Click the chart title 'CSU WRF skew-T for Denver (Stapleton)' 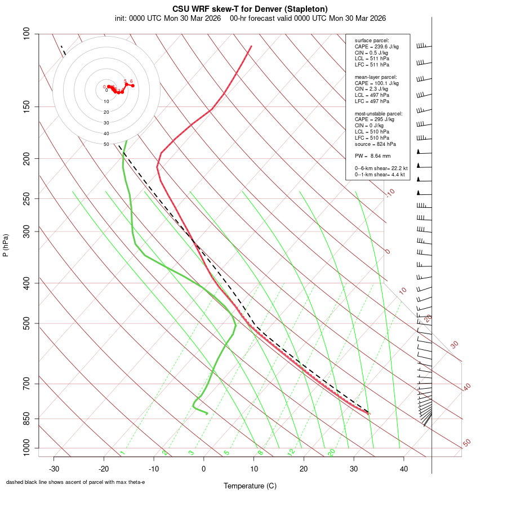250,9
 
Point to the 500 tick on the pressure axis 26,323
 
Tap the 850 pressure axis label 26,419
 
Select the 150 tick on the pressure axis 26,106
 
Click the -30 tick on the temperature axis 54,468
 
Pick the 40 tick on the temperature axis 404,468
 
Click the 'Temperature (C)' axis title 250,486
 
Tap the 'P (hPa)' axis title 6,245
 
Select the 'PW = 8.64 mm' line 372,156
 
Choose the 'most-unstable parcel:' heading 375,113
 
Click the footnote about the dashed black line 75,482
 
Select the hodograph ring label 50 106,144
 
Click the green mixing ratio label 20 332,452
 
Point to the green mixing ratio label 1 122,452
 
